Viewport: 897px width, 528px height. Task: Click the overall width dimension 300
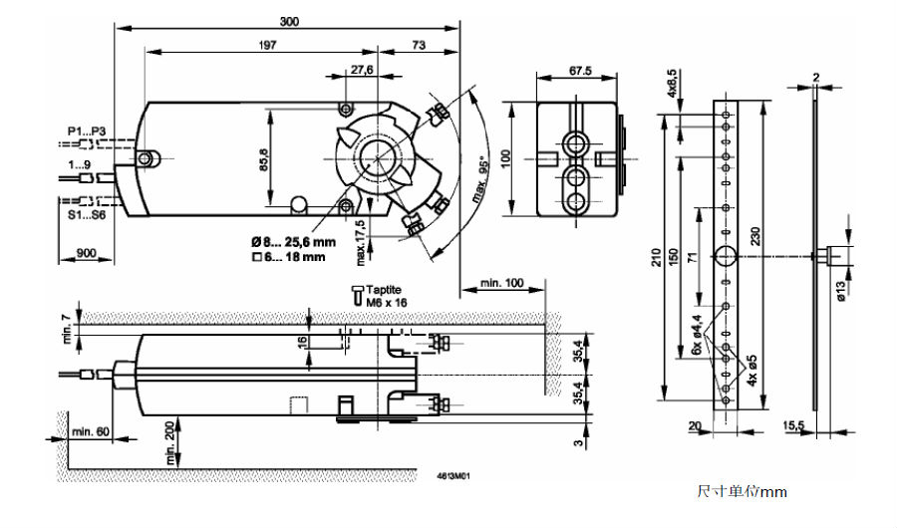click(x=289, y=21)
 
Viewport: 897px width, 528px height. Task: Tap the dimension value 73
click(x=419, y=45)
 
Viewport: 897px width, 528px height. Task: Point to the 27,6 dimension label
click(x=361, y=70)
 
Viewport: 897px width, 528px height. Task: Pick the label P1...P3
click(x=86, y=132)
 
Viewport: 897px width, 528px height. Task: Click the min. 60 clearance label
click(x=92, y=430)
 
